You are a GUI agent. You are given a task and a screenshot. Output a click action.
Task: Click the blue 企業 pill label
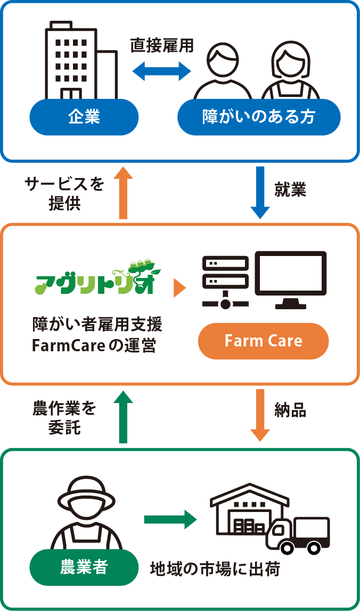point(84,117)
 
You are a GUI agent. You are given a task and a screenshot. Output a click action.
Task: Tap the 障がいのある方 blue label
point(258,117)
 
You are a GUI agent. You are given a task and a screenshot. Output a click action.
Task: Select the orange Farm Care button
point(263,341)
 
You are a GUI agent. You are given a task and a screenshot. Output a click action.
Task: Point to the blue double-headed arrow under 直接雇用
point(161,71)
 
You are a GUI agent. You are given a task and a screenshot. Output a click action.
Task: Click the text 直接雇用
point(162,46)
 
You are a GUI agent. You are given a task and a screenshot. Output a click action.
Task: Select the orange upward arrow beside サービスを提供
point(123,192)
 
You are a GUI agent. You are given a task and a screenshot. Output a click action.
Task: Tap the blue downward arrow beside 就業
point(260,192)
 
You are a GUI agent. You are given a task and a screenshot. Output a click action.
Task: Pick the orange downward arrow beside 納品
point(260,415)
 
